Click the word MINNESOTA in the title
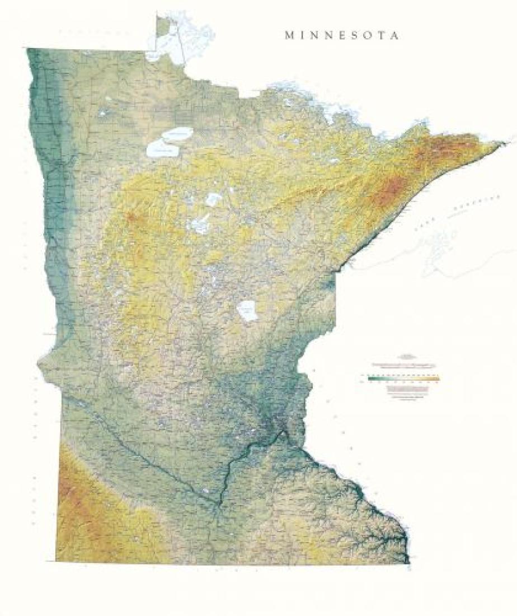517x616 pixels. [343, 35]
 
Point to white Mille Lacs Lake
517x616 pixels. [247, 311]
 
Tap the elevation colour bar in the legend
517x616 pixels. [403, 379]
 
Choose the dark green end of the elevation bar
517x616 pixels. [370, 379]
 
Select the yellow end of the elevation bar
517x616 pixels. [436, 379]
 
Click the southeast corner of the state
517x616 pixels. [409, 562]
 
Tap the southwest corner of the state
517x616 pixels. [56, 560]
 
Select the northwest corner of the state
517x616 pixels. [28, 49]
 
